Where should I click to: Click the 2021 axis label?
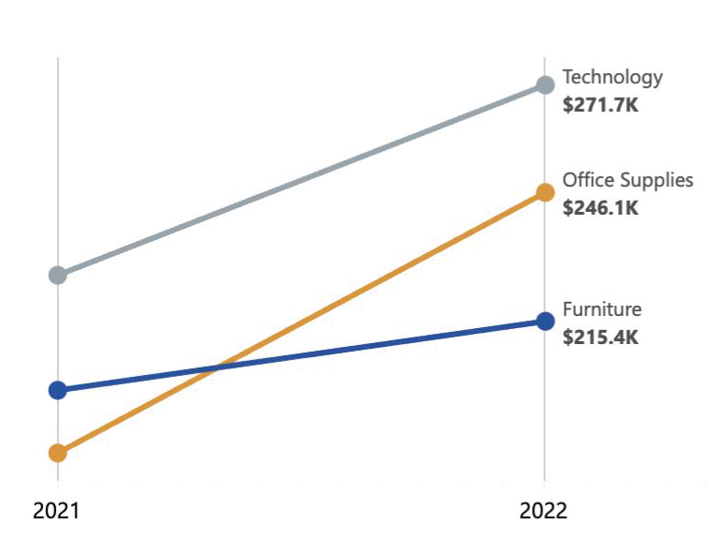tap(57, 511)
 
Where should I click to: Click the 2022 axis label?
tap(544, 511)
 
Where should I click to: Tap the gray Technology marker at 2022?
tap(544, 85)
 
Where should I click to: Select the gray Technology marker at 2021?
tap(58, 275)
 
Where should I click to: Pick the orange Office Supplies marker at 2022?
tap(544, 192)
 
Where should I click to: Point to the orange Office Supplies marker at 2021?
tap(58, 453)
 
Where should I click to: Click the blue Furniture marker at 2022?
tap(544, 321)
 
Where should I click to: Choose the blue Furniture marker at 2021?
tap(58, 390)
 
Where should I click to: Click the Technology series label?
tap(612, 78)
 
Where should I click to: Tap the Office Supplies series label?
tap(628, 180)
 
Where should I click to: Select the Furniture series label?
tap(601, 309)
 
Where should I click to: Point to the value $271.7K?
tap(600, 106)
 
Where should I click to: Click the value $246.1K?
tap(600, 208)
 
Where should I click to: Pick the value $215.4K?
tap(600, 337)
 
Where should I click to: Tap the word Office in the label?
tap(585, 180)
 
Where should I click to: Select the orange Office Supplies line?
tap(375, 282)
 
